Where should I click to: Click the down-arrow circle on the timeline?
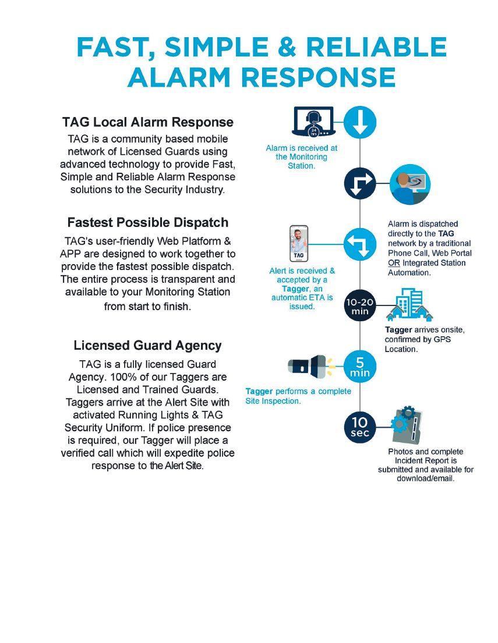point(360,123)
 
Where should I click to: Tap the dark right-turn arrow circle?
point(360,183)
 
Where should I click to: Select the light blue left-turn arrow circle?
point(360,244)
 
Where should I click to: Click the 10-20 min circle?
point(360,307)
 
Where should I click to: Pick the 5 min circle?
point(360,367)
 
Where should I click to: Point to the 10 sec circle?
point(360,427)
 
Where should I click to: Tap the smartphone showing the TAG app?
point(299,244)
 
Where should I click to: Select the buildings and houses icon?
point(410,305)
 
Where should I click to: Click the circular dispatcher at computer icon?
point(409,184)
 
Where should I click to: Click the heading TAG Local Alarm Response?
point(148,122)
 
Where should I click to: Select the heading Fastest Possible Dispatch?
point(148,222)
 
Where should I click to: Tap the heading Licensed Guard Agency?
point(148,346)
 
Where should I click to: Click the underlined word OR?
point(394,263)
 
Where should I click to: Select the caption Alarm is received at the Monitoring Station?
point(301,157)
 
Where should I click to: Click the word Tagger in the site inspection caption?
point(259,391)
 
